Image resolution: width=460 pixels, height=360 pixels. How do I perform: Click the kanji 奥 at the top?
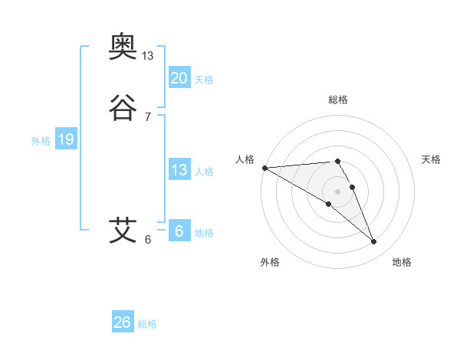point(123,48)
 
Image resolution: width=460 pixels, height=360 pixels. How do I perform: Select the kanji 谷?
point(123,109)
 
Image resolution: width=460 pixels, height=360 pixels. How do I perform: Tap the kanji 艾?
point(123,230)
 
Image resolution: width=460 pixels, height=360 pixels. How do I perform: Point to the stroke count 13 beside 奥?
point(148,56)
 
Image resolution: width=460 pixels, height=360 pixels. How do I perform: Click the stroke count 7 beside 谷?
point(148,117)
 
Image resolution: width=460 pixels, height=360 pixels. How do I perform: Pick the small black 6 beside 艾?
point(148,239)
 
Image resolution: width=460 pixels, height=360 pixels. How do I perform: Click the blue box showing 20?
point(179,78)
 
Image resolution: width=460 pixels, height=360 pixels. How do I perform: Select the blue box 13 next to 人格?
point(179,170)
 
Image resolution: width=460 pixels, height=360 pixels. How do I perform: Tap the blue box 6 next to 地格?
point(179,231)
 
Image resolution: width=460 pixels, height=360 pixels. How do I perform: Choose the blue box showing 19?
point(65,139)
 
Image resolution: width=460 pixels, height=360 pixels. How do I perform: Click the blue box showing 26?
point(123,322)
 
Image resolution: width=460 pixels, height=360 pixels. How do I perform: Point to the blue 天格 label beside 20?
point(204,80)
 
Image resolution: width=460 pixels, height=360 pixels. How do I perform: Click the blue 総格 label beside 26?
point(147,324)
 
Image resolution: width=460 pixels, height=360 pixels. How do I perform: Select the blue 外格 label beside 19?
point(41,141)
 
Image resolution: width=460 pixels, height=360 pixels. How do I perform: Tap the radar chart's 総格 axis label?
point(337,100)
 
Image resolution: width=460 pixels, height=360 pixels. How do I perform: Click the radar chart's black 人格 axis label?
point(245,159)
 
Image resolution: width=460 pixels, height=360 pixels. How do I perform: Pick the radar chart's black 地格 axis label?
point(402,262)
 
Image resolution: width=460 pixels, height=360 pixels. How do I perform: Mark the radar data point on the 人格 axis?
point(264,168)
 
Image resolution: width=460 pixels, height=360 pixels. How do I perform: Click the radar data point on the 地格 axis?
point(373,242)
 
